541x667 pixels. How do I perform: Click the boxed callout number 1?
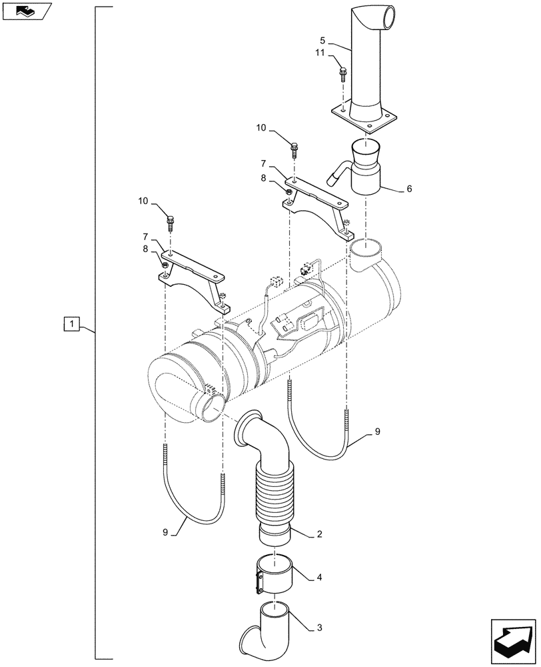[x=72, y=325]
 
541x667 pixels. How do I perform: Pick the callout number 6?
[x=408, y=189]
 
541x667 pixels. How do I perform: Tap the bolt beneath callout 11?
[x=342, y=74]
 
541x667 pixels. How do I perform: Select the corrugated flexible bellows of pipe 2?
[x=273, y=494]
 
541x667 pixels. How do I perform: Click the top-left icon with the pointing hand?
[x=27, y=11]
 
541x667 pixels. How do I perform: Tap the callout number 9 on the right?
[x=377, y=432]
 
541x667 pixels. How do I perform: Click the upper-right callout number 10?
[x=261, y=127]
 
